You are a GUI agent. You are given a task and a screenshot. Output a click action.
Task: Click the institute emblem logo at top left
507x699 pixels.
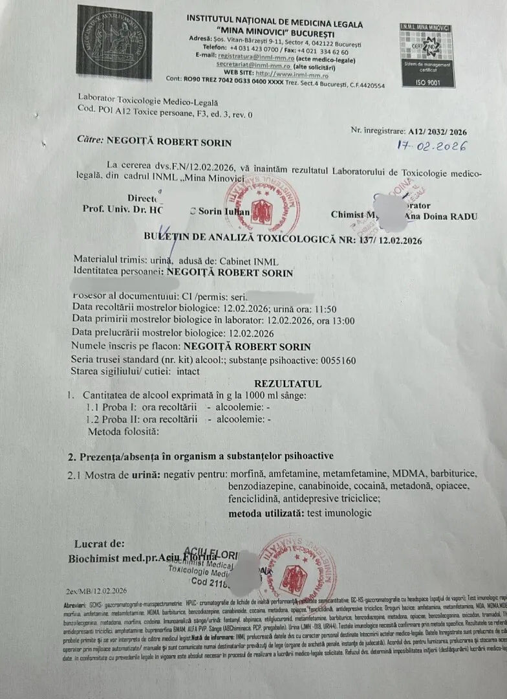pos(114,43)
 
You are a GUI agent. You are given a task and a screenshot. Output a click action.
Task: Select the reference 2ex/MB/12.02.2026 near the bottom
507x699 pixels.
pos(96,591)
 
